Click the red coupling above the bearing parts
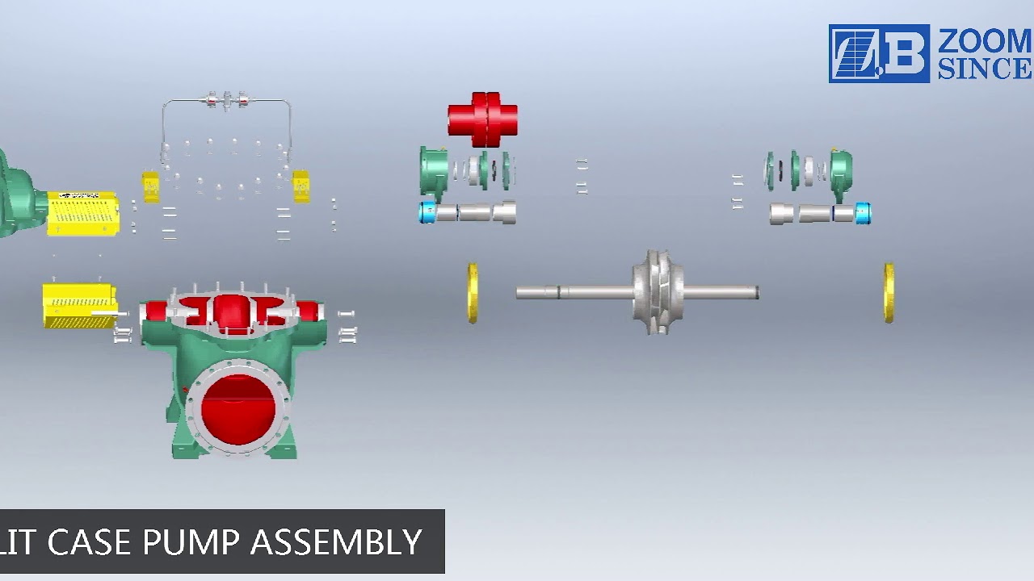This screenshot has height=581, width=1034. [482, 119]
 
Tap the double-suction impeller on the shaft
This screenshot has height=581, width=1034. [658, 292]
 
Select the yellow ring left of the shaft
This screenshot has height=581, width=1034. [473, 292]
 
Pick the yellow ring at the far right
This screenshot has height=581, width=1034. [889, 292]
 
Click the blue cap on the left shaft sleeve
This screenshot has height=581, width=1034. [427, 213]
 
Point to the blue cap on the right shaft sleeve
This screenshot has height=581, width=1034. [863, 214]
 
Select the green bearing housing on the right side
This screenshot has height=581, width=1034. [840, 171]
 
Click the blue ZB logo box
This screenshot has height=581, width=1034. [879, 53]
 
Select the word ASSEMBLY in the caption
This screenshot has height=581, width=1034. [336, 542]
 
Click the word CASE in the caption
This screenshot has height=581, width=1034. [89, 542]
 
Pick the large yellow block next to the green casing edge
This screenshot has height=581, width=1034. [82, 213]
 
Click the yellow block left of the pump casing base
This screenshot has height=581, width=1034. [79, 305]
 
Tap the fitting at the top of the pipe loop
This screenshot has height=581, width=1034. [226, 101]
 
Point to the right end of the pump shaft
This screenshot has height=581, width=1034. [755, 292]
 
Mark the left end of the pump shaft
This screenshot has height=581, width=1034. [519, 292]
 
